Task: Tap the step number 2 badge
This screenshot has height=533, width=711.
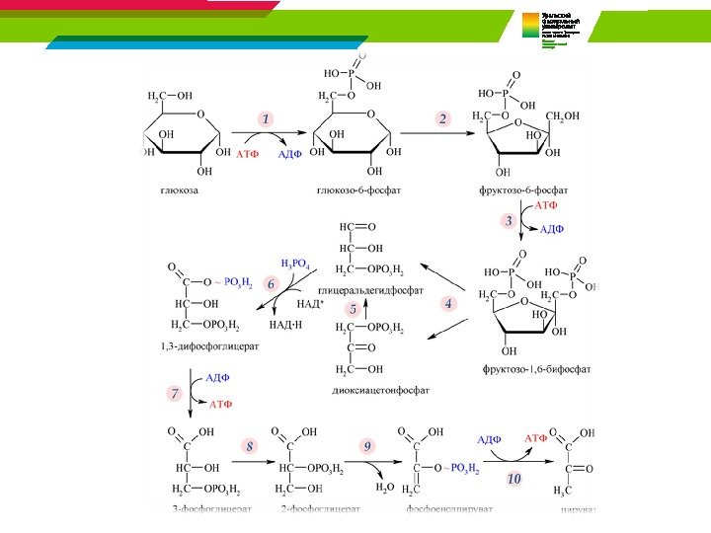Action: point(442,118)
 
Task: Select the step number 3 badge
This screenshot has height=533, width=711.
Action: point(509,221)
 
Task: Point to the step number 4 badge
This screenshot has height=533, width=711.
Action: point(448,305)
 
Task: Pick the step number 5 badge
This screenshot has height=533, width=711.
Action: point(352,309)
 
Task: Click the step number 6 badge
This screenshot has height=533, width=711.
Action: point(271,283)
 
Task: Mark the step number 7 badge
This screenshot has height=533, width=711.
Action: point(175,393)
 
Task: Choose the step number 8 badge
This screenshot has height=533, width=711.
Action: point(250,447)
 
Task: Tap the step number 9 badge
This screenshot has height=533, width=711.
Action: point(367,447)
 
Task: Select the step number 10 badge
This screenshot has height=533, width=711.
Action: point(513,479)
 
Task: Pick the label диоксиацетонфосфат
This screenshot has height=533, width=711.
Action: point(381,389)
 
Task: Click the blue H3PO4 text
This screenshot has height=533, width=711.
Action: point(296,265)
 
